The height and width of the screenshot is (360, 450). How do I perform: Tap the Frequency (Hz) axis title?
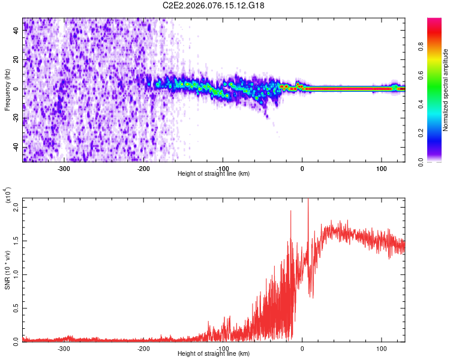pos(7,89)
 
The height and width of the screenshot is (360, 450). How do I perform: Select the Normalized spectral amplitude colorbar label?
pos(446,89)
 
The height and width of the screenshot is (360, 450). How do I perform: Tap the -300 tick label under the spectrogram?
pos(64,169)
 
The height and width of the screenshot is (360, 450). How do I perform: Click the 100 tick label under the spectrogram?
pos(381,169)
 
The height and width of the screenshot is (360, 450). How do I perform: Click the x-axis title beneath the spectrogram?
pos(214,174)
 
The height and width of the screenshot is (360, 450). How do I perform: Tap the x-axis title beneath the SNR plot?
pos(214,354)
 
